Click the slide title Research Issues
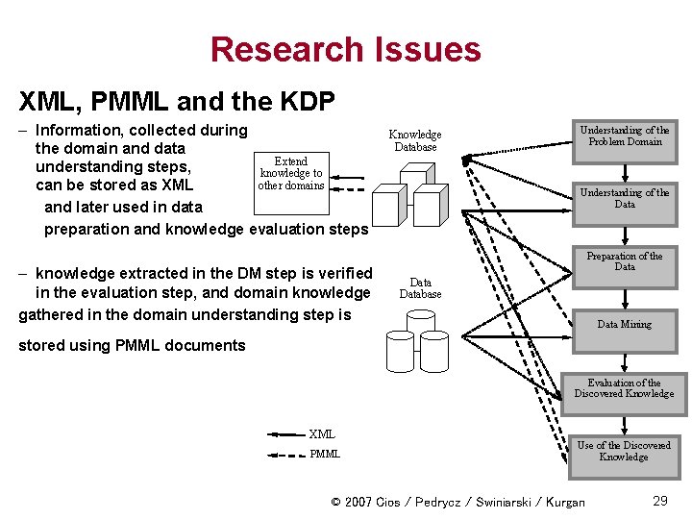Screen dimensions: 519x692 [x=345, y=49]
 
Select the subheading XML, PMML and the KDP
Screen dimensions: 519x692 [x=176, y=99]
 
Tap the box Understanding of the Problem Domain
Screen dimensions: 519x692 [x=625, y=136]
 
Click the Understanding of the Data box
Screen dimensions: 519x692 [x=625, y=199]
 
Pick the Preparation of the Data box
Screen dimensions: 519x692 [x=625, y=261]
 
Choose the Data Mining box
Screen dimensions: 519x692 [x=625, y=324]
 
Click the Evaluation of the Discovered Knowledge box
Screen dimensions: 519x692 [x=625, y=388]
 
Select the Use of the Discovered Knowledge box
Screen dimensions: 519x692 [x=625, y=451]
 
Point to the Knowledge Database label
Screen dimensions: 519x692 [x=414, y=140]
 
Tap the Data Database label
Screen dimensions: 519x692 [x=420, y=288]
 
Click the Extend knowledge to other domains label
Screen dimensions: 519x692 [x=290, y=173]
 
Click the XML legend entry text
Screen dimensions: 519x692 [x=322, y=434]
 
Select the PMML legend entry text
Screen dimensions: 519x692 [x=325, y=454]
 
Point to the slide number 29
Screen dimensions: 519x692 [x=660, y=501]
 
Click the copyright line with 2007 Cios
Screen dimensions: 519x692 [x=457, y=502]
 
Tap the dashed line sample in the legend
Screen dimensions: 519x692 [x=285, y=454]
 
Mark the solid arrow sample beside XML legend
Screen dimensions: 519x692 [x=285, y=434]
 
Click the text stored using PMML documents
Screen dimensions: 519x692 [x=132, y=345]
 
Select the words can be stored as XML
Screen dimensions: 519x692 [x=113, y=185]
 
